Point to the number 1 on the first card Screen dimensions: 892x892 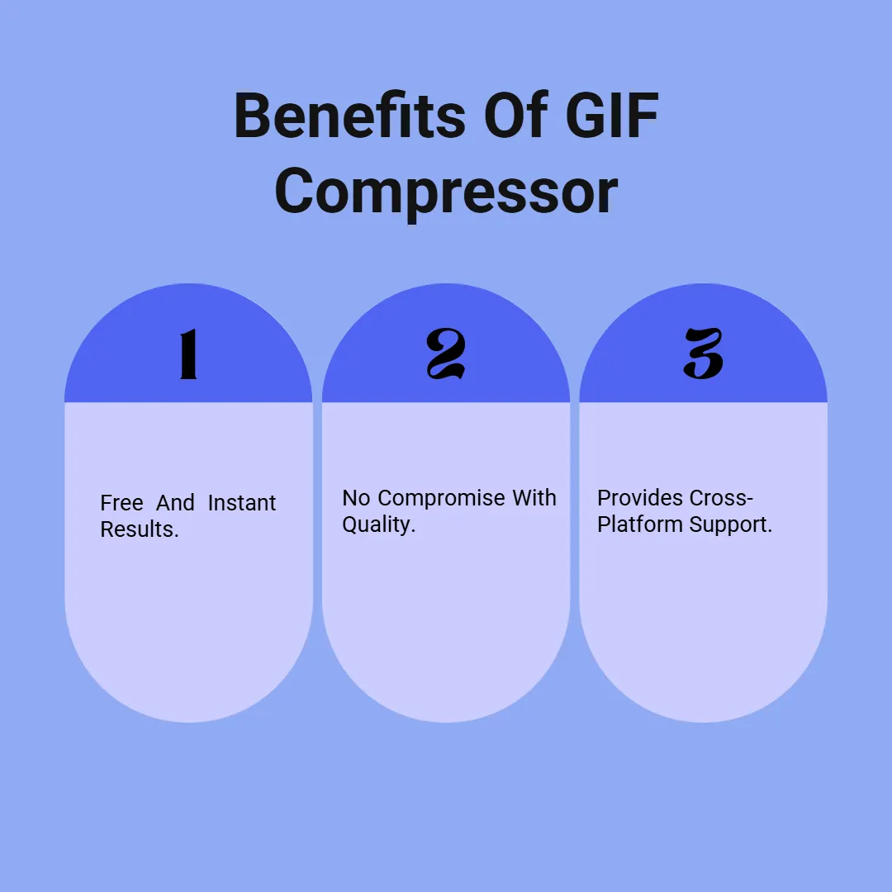point(188,354)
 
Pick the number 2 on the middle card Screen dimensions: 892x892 point(446,354)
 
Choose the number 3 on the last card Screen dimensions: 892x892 point(704,354)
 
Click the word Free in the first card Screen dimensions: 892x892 point(121,503)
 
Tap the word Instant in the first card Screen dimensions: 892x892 point(242,503)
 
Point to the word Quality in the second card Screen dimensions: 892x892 point(378,525)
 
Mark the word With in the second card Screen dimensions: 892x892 point(534,498)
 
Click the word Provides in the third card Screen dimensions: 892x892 point(634,498)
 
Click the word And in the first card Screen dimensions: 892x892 point(175,503)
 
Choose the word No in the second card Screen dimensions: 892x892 point(356,498)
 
